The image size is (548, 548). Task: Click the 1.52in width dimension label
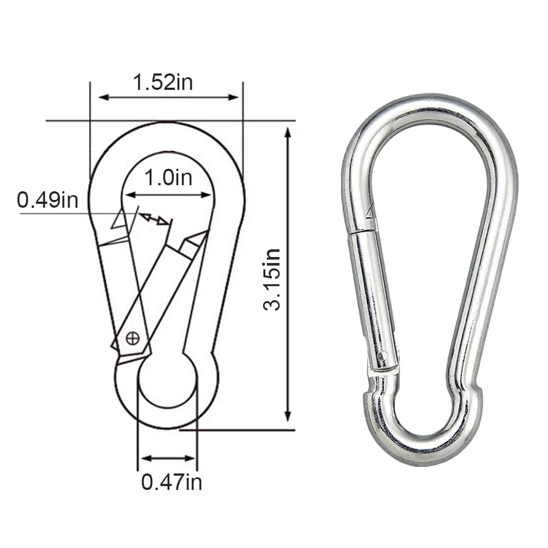pos(163,82)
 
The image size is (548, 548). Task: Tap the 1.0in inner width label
pos(168,178)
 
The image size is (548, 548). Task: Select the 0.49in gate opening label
pos(47,200)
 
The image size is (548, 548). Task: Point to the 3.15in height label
pos(272,279)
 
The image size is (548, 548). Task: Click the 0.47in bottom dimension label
pos(172,482)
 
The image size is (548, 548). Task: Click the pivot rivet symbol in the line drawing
pos(133,338)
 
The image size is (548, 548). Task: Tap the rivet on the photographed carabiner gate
pos(383,356)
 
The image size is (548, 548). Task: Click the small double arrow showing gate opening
pos(153,219)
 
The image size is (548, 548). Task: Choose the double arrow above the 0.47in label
pos(168,458)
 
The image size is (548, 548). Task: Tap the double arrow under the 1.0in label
pos(168,195)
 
